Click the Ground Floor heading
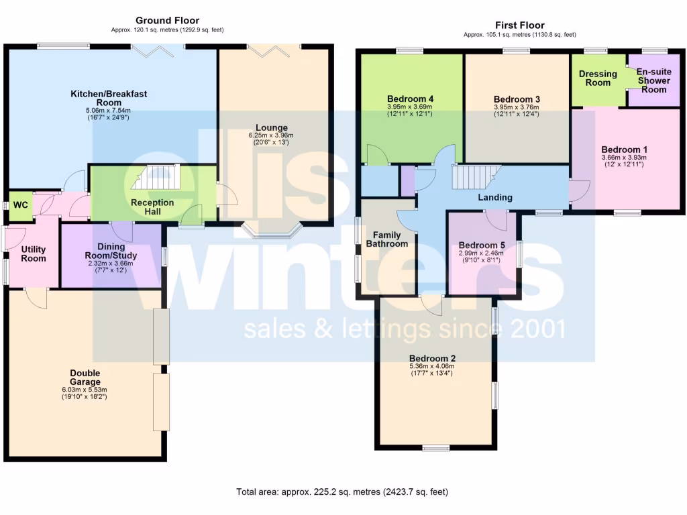pyautogui.click(x=167, y=21)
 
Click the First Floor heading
pyautogui.click(x=519, y=25)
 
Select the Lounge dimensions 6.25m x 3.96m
pyautogui.click(x=271, y=135)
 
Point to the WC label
pyautogui.click(x=21, y=205)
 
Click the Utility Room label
pyautogui.click(x=33, y=253)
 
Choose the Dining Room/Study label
pyautogui.click(x=111, y=251)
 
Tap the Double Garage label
pyautogui.click(x=85, y=378)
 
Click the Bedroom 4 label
pyautogui.click(x=411, y=99)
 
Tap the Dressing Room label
pyautogui.click(x=598, y=78)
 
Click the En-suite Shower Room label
pyautogui.click(x=653, y=80)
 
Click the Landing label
pyautogui.click(x=495, y=197)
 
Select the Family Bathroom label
pyautogui.click(x=386, y=239)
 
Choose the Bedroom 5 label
pyautogui.click(x=481, y=245)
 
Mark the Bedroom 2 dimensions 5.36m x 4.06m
pyautogui.click(x=432, y=366)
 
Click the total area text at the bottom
pyautogui.click(x=341, y=492)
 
